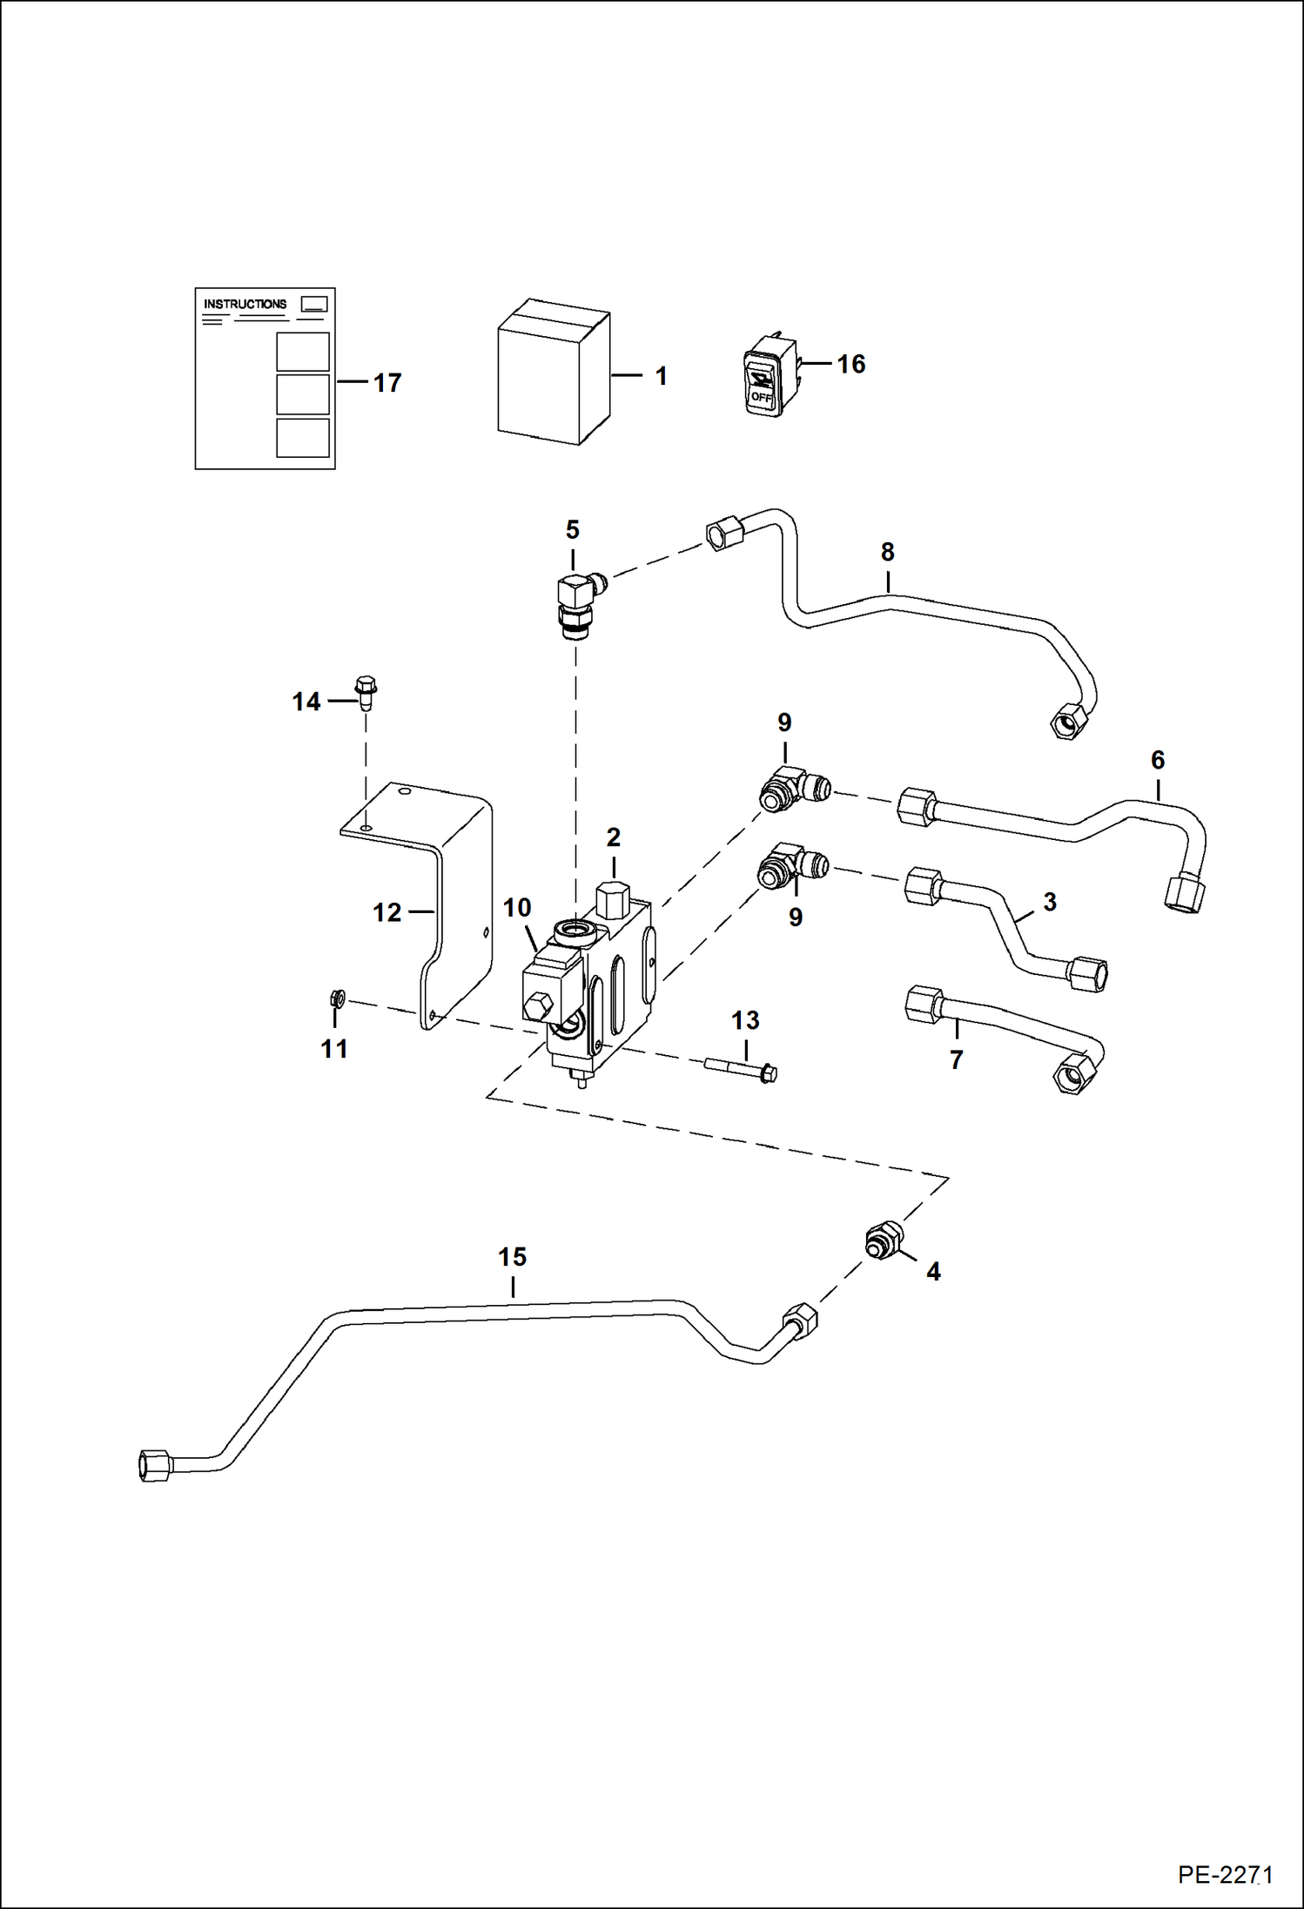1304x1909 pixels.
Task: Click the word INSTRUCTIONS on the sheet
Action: click(245, 304)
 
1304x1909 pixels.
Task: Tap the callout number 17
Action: click(386, 383)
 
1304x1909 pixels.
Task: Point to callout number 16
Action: click(850, 364)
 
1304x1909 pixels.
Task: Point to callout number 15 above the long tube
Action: click(512, 1257)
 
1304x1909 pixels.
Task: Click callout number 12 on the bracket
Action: click(386, 912)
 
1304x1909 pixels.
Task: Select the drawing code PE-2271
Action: click(1225, 1875)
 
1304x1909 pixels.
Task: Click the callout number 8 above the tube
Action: click(887, 552)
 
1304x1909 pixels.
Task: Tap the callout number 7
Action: click(956, 1059)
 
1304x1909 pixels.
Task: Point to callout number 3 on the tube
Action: click(1050, 902)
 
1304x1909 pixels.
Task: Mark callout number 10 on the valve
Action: click(516, 908)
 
